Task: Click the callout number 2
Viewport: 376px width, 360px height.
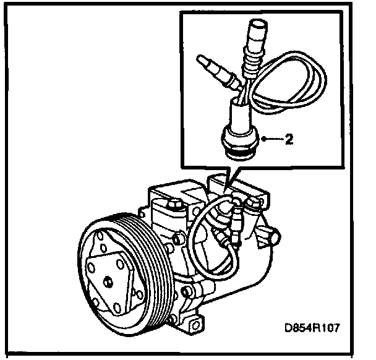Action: pos(288,140)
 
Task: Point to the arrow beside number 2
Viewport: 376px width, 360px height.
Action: pos(270,140)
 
